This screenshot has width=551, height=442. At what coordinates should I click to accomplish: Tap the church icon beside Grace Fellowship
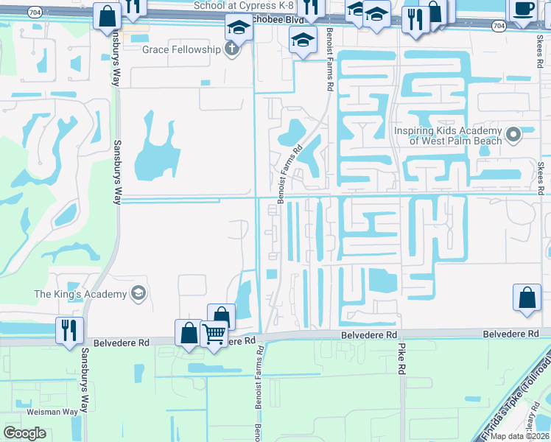pyautogui.click(x=233, y=49)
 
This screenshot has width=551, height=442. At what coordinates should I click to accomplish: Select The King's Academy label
pyautogui.click(x=80, y=295)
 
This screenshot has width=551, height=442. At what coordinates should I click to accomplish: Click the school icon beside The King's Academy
pyautogui.click(x=137, y=295)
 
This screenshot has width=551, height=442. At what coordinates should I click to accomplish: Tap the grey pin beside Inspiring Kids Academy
pyautogui.click(x=514, y=134)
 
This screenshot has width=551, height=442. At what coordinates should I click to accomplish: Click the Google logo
pyautogui.click(x=24, y=432)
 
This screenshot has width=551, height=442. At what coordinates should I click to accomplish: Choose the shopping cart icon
pyautogui.click(x=214, y=333)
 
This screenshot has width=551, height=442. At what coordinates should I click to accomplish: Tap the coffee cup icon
pyautogui.click(x=522, y=9)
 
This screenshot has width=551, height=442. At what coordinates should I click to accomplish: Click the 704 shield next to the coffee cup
pyautogui.click(x=499, y=26)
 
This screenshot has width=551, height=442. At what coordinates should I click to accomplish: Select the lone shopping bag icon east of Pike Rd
pyautogui.click(x=527, y=299)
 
